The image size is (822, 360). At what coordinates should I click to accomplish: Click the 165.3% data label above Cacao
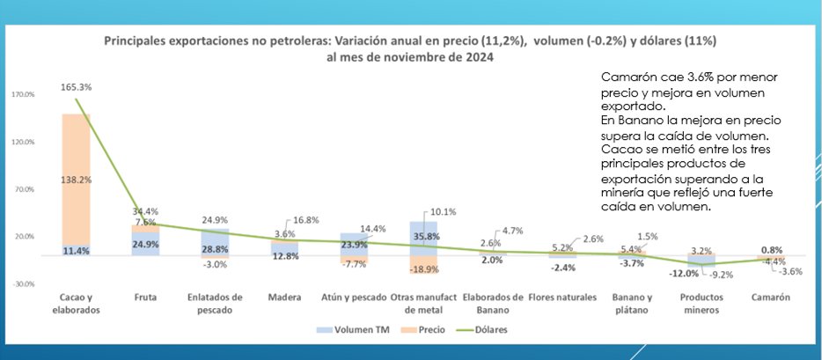76,87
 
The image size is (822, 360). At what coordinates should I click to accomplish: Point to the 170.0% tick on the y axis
24,94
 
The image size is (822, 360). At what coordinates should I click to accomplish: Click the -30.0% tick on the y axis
24,283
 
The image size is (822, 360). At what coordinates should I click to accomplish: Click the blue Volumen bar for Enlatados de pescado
215,242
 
